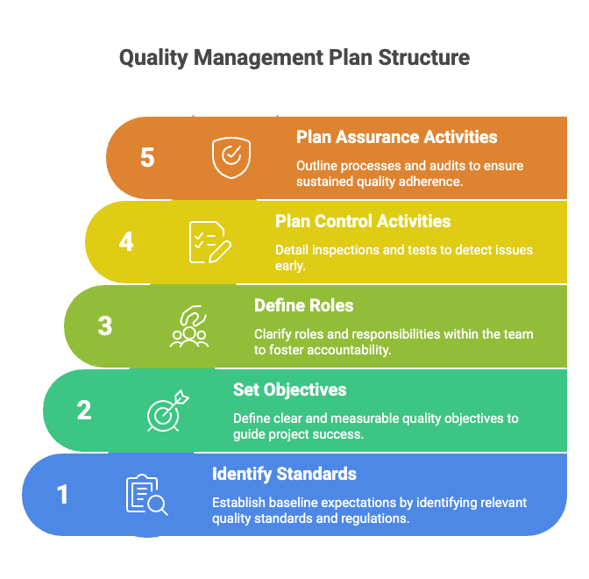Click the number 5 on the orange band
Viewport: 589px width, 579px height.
click(147, 157)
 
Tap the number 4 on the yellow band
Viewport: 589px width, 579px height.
click(126, 241)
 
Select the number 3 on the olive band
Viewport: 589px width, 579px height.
click(105, 325)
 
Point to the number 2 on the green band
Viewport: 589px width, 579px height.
click(84, 410)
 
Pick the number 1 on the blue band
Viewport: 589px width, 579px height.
click(63, 494)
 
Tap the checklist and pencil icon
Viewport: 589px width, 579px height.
click(210, 242)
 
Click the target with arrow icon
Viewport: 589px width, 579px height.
click(168, 411)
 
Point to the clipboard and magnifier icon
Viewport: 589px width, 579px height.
click(147, 495)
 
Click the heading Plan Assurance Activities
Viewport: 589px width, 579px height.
click(397, 137)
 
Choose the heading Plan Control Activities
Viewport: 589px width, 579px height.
click(363, 221)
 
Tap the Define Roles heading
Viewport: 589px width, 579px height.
click(304, 305)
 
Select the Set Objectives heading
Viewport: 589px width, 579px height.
click(289, 390)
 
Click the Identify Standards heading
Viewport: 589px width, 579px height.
click(284, 474)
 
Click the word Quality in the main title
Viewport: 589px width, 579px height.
click(153, 58)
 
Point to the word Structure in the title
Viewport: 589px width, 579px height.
click(423, 58)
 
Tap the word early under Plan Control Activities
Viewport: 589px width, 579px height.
click(290, 266)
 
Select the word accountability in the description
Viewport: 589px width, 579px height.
click(350, 350)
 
